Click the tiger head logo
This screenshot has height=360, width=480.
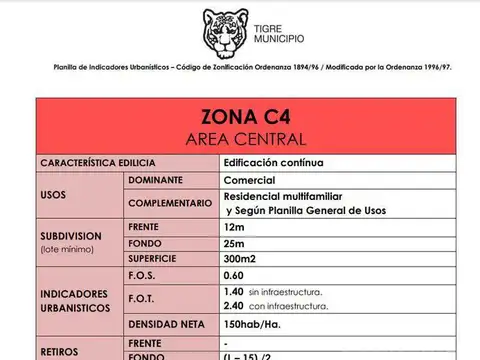click(x=225, y=33)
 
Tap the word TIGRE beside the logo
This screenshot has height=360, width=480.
click(x=271, y=29)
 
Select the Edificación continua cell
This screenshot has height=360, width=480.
click(x=273, y=162)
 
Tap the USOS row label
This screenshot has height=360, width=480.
click(x=53, y=195)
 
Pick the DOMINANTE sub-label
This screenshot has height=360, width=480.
click(x=155, y=179)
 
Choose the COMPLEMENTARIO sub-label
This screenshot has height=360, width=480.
click(x=170, y=203)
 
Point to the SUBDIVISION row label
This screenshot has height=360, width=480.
click(x=73, y=236)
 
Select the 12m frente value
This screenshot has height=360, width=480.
click(x=235, y=227)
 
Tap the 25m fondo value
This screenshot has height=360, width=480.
click(x=235, y=243)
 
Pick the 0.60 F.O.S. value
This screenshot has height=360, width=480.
click(x=234, y=275)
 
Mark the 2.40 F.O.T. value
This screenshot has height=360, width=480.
click(x=234, y=305)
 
